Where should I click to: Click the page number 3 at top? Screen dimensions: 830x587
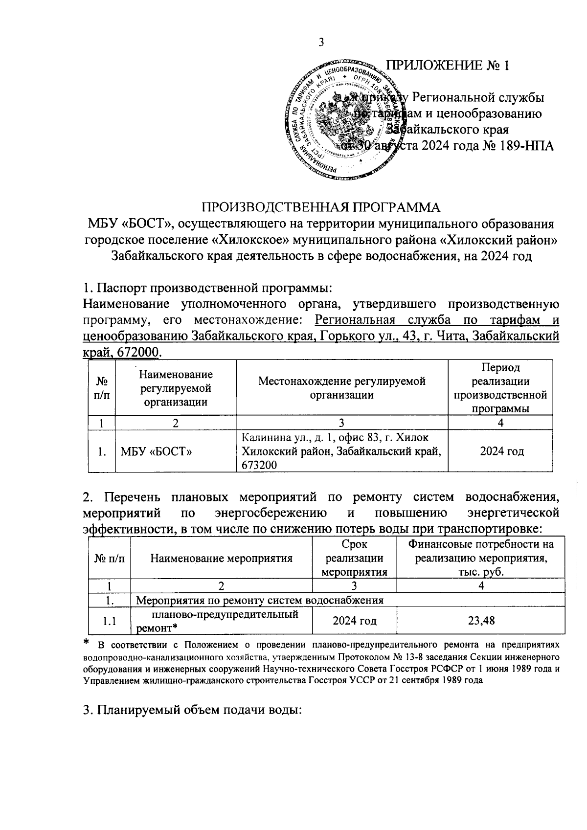pyautogui.click(x=321, y=43)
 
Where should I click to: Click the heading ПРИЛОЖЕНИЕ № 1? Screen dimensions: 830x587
pyautogui.click(x=448, y=66)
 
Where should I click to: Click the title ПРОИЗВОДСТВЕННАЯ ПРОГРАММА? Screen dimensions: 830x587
pyautogui.click(x=321, y=207)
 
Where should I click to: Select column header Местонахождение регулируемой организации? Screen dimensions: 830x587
pyautogui.click(x=341, y=388)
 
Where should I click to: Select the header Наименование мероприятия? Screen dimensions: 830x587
pyautogui.click(x=221, y=558)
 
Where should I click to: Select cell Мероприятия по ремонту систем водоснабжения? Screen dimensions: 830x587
pyautogui.click(x=259, y=600)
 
